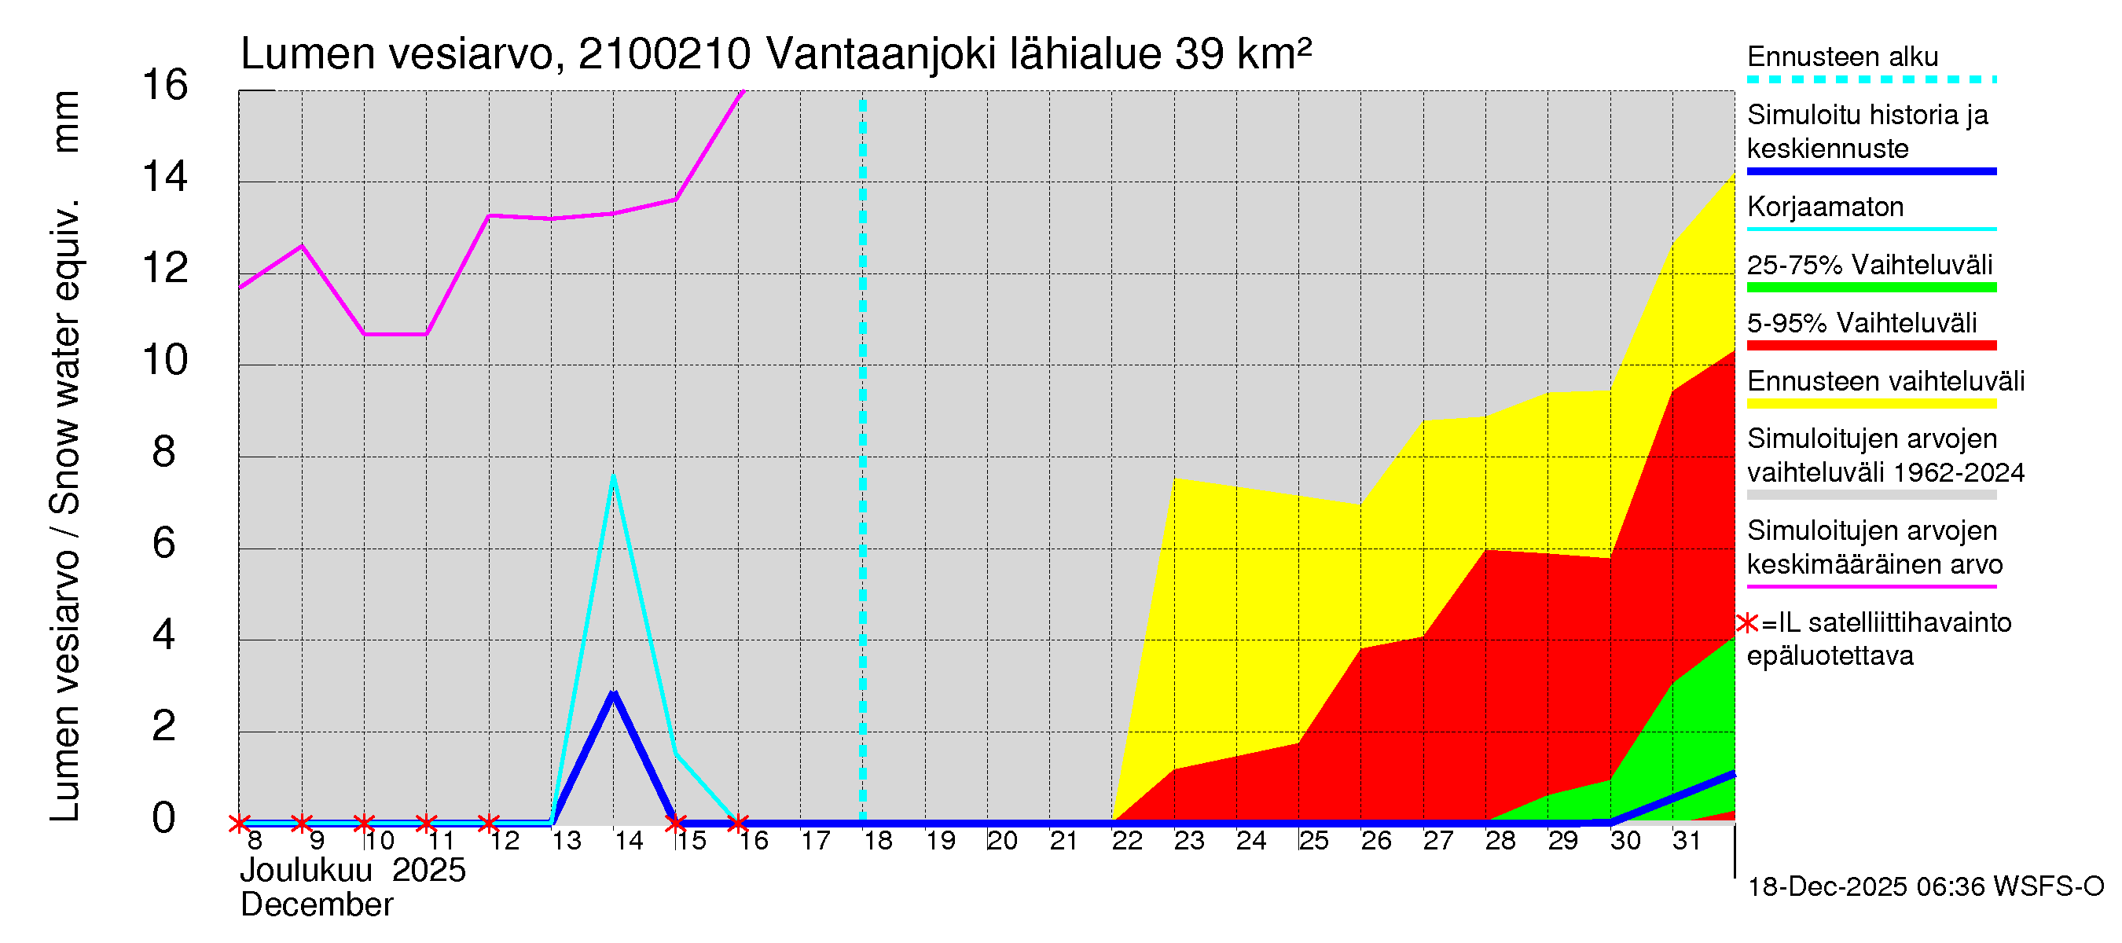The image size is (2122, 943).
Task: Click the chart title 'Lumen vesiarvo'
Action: point(396,54)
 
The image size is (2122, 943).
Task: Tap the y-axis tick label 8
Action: point(164,452)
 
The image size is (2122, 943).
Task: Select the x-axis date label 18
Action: point(878,840)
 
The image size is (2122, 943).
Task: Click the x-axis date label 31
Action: point(1687,840)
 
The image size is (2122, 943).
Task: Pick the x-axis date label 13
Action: point(567,840)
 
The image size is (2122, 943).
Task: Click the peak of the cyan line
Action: point(614,476)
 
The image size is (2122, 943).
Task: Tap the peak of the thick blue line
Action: point(614,692)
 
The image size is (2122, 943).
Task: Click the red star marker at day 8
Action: point(239,823)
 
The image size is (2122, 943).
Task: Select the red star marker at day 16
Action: point(738,823)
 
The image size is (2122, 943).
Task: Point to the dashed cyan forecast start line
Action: point(862,461)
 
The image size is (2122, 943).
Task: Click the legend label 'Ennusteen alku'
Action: point(1843,57)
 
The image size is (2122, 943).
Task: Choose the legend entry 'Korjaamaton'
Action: point(1826,207)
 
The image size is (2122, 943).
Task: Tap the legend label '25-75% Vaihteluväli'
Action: point(1870,265)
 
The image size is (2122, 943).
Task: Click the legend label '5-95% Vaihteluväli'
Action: point(1862,323)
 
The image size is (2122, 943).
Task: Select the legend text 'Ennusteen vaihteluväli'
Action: point(1885,381)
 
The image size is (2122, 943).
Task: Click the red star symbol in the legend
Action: point(1746,622)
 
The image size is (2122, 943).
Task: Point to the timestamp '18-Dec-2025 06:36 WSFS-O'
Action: point(1925,886)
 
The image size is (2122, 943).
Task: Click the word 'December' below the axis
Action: point(318,905)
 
